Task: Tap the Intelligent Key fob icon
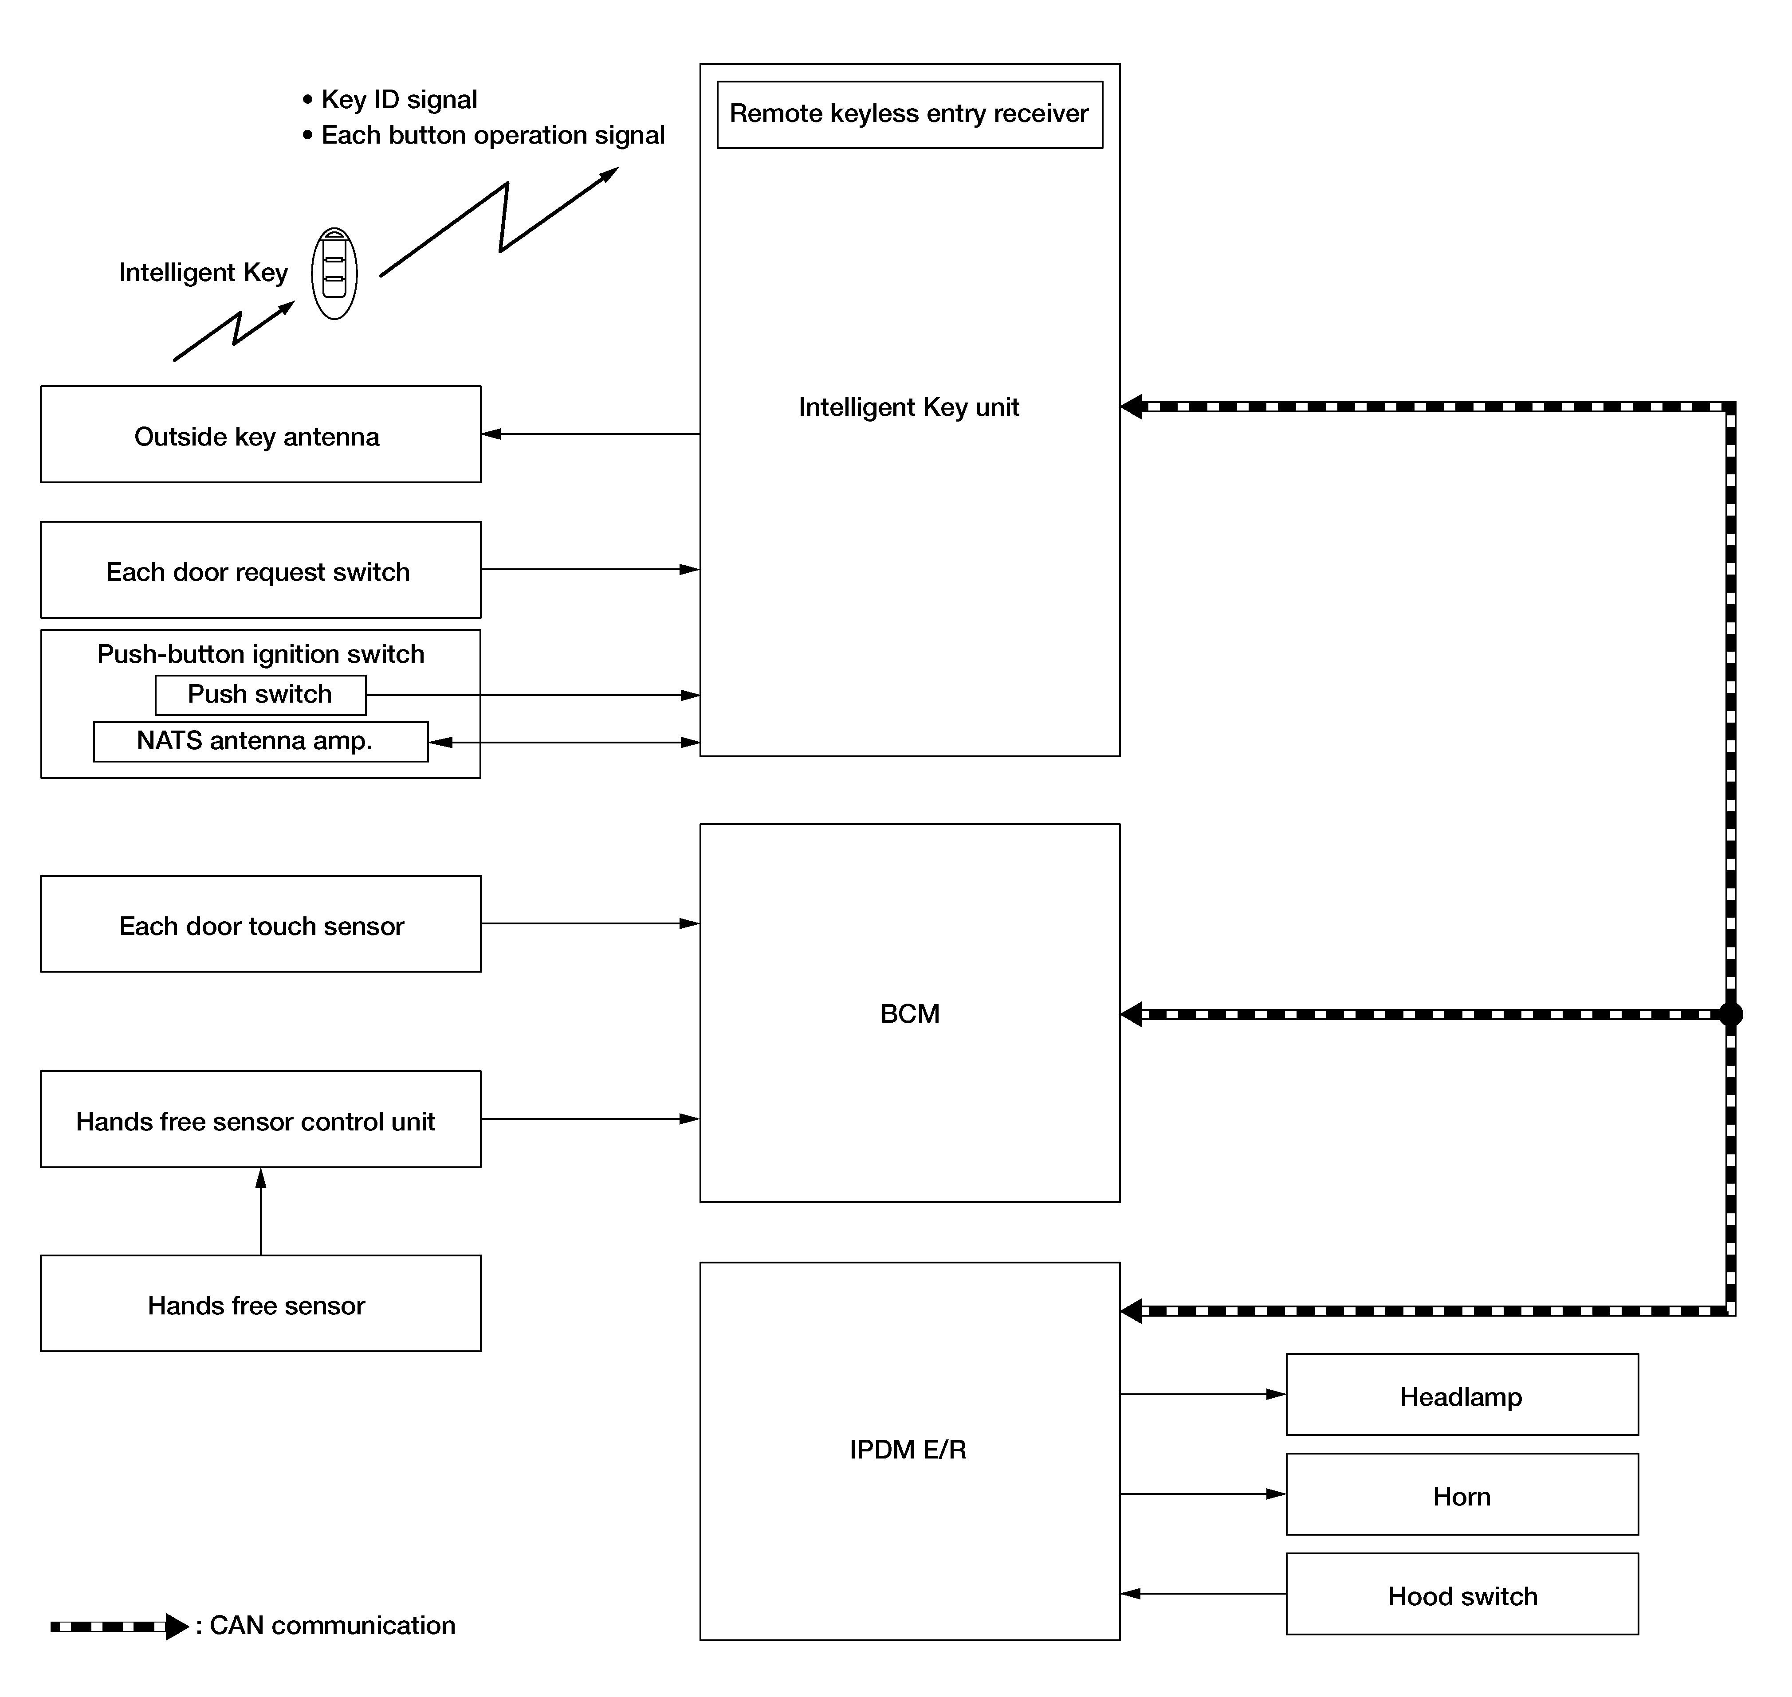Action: click(334, 273)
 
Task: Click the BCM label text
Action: click(910, 1014)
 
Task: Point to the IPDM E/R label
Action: click(908, 1450)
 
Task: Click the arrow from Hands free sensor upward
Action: click(261, 1211)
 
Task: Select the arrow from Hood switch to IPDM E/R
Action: click(1204, 1594)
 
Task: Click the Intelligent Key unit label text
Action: click(909, 408)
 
